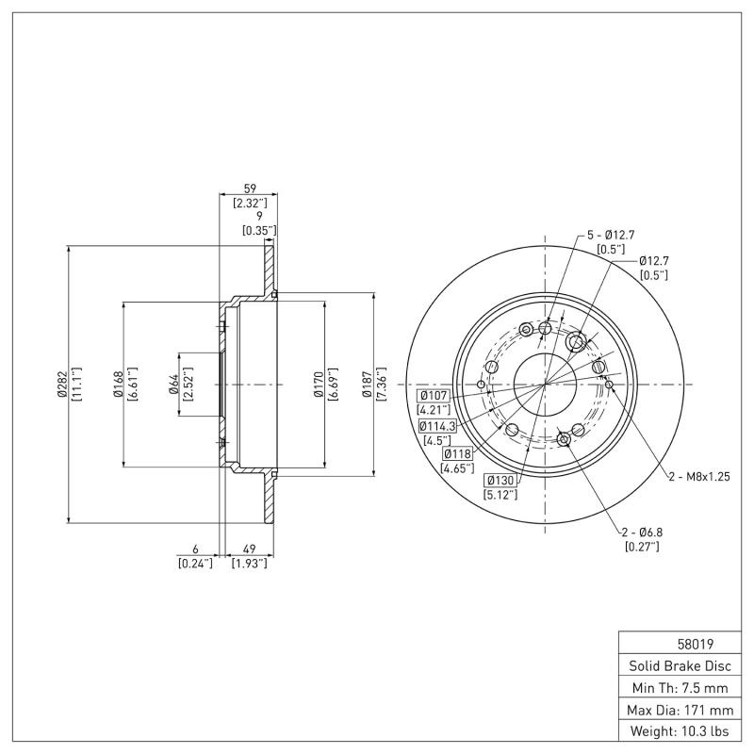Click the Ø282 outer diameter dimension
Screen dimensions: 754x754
[60, 384]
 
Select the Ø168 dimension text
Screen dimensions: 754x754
[117, 384]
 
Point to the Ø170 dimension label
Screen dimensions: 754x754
[320, 384]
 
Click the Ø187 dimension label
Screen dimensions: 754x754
[369, 384]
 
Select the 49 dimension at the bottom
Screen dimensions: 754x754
[250, 549]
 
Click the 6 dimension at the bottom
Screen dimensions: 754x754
[195, 549]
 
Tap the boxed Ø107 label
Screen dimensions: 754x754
[434, 395]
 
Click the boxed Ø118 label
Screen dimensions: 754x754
[457, 454]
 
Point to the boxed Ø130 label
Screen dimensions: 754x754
[499, 481]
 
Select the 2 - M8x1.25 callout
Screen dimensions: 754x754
[698, 477]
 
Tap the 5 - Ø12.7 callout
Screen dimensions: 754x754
[614, 235]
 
